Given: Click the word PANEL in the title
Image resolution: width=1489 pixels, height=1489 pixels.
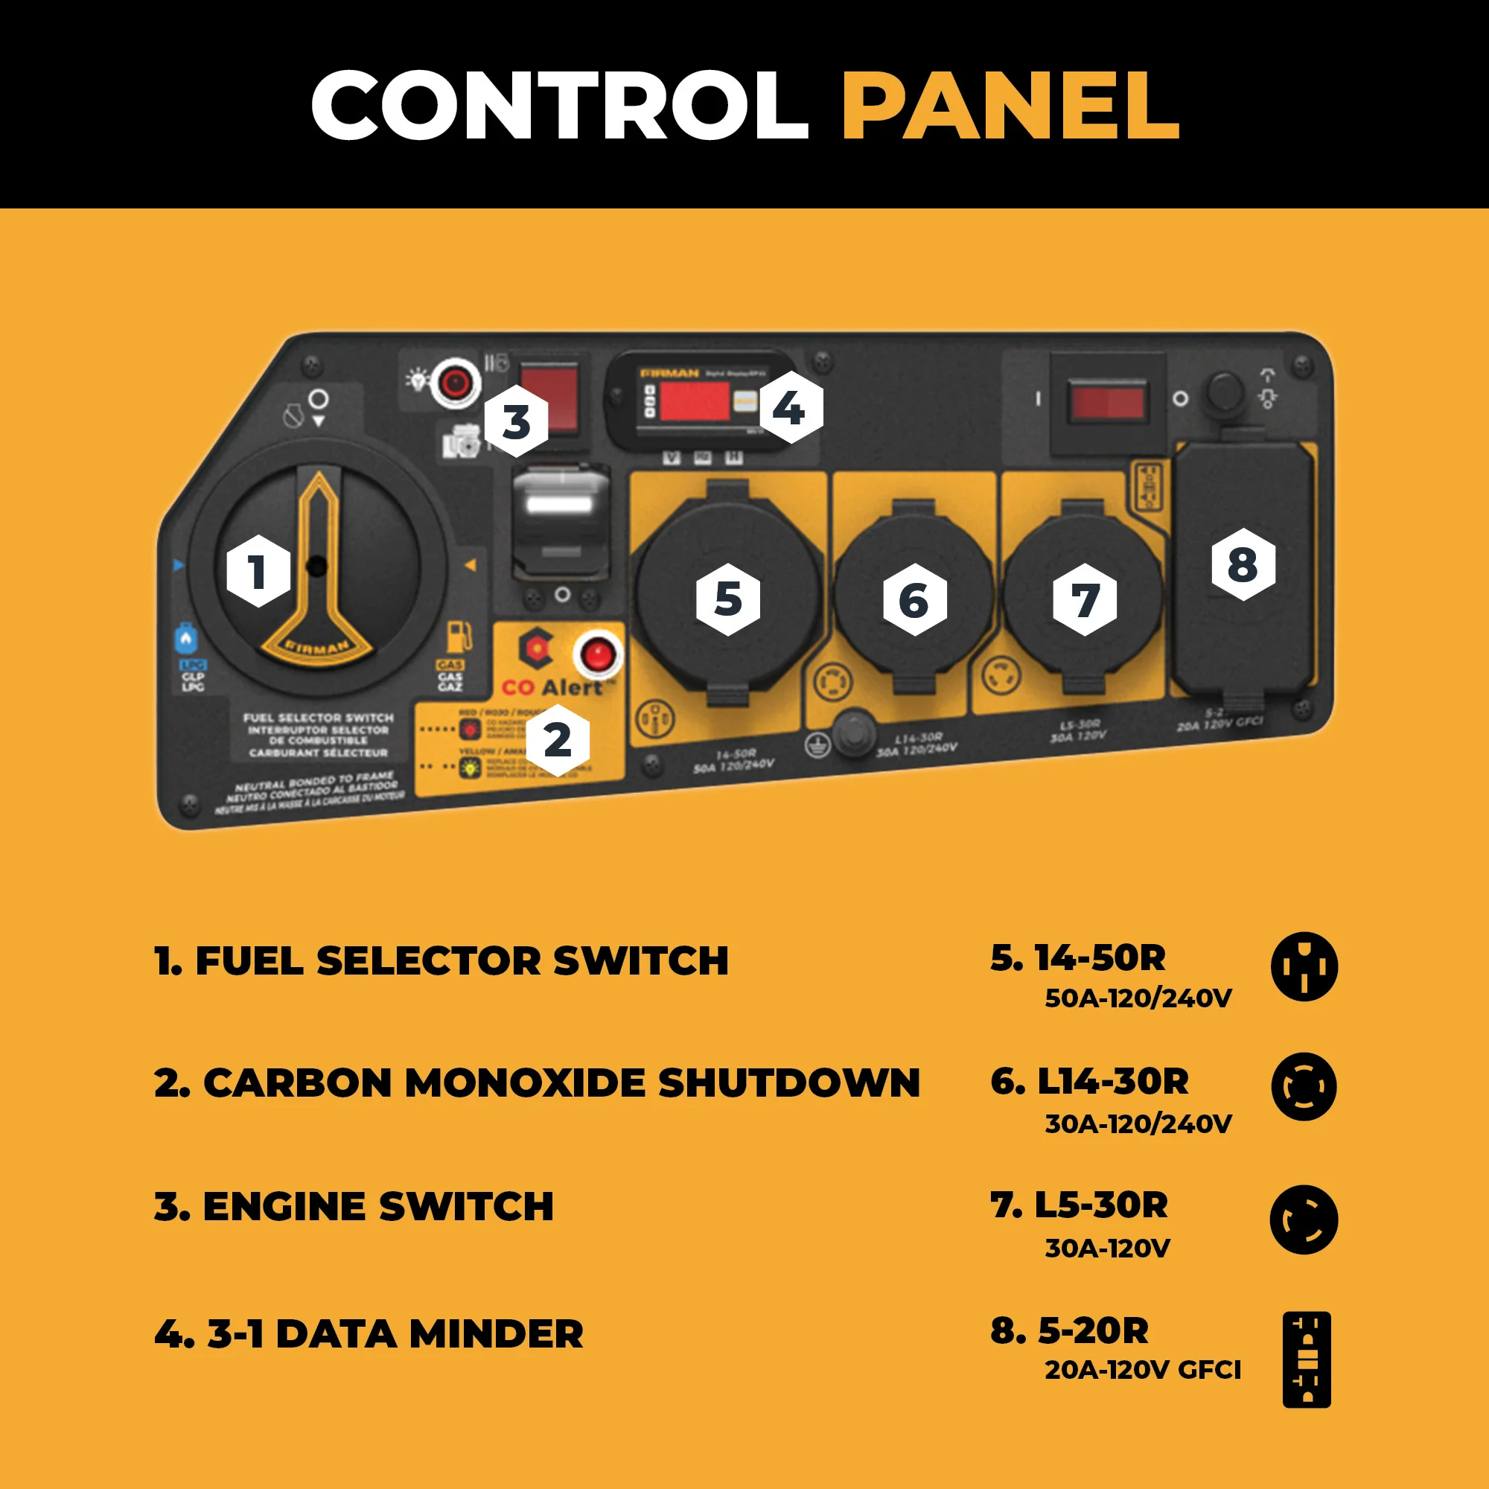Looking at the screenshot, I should point(1010,105).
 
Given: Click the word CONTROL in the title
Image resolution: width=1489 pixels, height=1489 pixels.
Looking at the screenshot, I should point(559,105).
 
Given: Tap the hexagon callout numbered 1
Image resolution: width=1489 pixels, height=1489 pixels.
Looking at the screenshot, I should point(258,571).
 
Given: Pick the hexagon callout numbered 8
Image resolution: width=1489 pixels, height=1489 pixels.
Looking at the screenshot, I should point(1243,564).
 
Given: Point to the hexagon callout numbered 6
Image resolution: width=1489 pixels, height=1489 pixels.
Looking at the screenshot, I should point(914,599).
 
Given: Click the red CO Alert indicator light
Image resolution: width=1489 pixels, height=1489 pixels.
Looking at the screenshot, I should point(597,656).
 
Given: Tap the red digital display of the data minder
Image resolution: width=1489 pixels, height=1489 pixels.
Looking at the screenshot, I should point(694,401).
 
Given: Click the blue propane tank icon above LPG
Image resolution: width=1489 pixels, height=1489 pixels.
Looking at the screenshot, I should point(185,638).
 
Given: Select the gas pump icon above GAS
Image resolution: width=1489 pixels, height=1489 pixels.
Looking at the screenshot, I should point(459,637).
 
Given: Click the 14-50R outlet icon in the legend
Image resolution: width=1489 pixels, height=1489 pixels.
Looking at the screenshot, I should point(1304,966).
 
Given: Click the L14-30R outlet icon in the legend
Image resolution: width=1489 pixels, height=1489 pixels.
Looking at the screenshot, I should point(1304,1087).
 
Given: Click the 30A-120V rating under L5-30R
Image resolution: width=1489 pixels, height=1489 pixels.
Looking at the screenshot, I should point(1108,1248).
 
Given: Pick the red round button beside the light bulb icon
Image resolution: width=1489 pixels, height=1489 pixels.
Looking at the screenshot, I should point(455,381).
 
